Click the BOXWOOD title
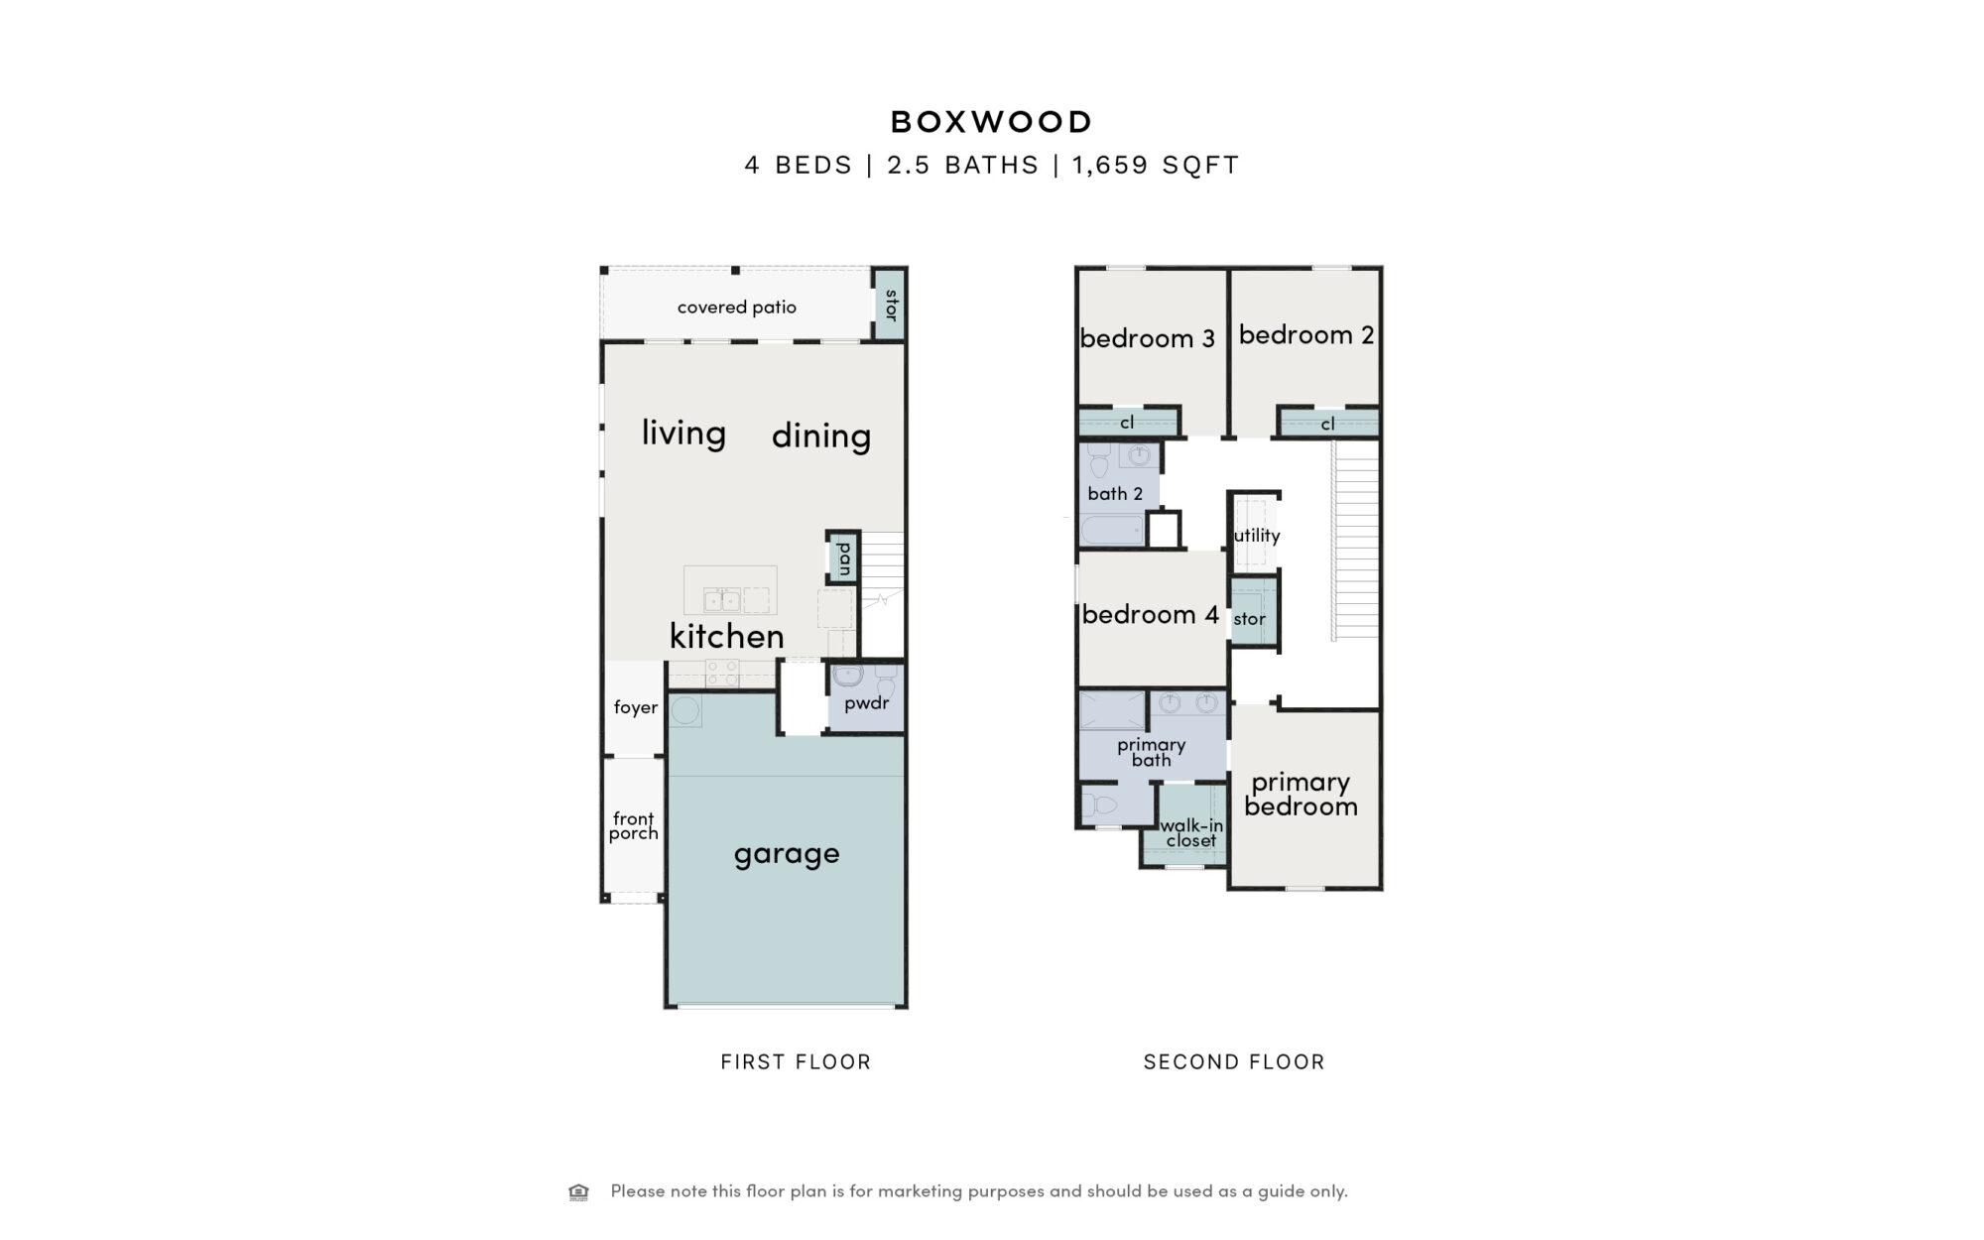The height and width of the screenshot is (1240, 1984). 991,122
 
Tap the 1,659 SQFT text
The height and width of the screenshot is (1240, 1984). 1156,165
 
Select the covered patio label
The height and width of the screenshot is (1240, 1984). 737,308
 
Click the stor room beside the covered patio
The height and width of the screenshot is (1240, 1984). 889,305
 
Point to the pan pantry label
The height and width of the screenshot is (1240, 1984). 844,558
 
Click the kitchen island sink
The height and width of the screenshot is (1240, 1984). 721,599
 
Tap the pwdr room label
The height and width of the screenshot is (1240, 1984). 866,703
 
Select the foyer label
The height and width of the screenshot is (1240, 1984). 635,707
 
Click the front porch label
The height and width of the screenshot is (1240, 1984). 634,825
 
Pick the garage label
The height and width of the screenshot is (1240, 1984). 787,854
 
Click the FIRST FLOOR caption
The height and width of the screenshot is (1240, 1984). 796,1062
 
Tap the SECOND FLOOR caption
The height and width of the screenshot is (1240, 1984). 1234,1062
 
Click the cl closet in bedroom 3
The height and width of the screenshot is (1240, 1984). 1127,423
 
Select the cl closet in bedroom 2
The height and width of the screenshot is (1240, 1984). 1328,424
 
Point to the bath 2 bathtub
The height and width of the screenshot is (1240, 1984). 1112,530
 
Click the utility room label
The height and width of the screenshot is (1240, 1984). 1257,536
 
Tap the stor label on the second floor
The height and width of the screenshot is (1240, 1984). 1249,619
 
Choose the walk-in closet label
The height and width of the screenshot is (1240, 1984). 1191,833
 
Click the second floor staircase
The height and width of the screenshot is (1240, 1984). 1355,541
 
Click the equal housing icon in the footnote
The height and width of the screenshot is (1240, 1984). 578,1191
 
